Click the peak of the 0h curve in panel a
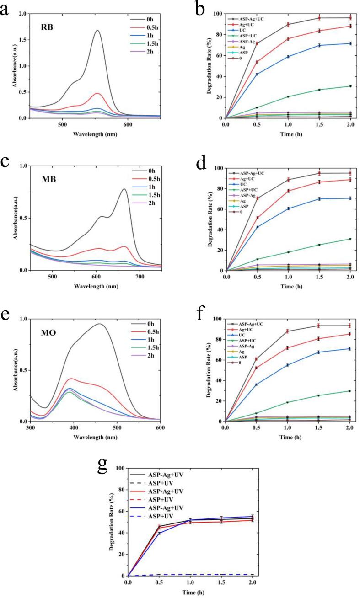click(x=97, y=31)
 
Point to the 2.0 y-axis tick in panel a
click(x=21, y=14)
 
